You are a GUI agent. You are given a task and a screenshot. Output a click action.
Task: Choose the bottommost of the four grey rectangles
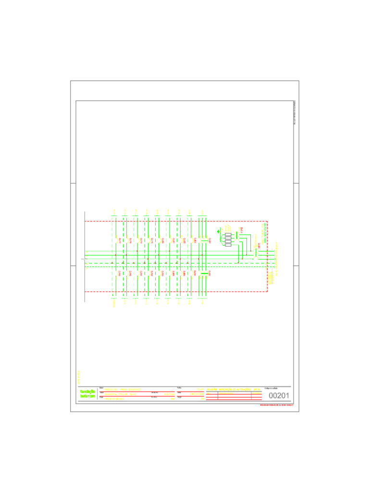click(228, 245)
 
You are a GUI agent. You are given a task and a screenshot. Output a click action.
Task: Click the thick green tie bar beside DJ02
click(204, 273)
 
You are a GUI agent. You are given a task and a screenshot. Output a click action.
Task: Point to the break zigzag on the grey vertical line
click(84, 260)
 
